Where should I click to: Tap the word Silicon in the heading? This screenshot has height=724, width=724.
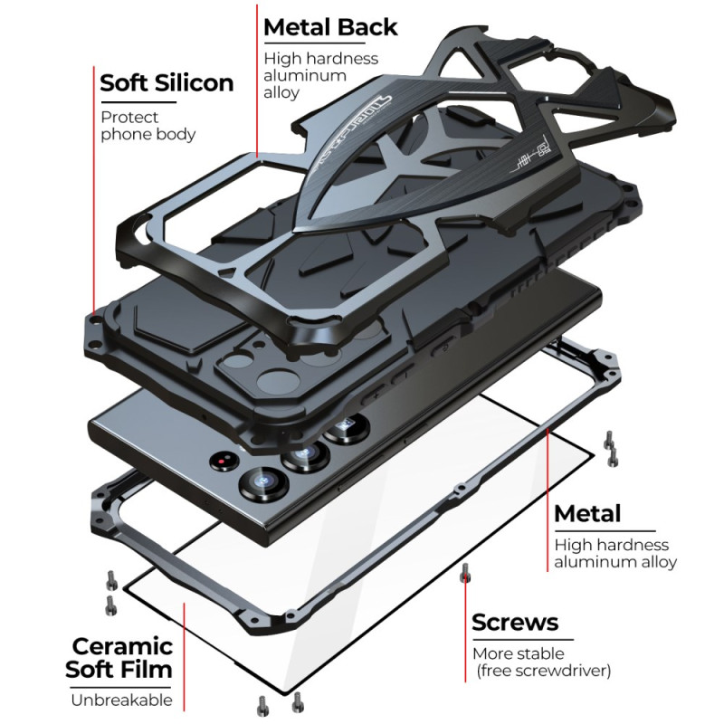click(x=193, y=83)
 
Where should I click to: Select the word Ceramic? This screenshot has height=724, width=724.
click(x=123, y=646)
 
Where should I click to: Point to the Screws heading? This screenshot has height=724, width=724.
click(x=515, y=623)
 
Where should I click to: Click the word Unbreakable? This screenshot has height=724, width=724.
click(x=121, y=700)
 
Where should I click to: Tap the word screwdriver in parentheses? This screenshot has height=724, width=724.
click(x=563, y=671)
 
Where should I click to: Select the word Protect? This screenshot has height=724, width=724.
click(x=129, y=117)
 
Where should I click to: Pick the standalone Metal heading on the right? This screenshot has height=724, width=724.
click(x=586, y=514)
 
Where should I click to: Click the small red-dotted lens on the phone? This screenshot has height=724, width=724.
click(x=222, y=463)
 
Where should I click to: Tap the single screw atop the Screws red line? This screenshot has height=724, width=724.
click(x=464, y=572)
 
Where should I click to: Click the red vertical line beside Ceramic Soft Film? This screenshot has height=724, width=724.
click(x=185, y=652)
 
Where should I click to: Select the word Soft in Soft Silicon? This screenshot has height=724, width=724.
click(x=123, y=83)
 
